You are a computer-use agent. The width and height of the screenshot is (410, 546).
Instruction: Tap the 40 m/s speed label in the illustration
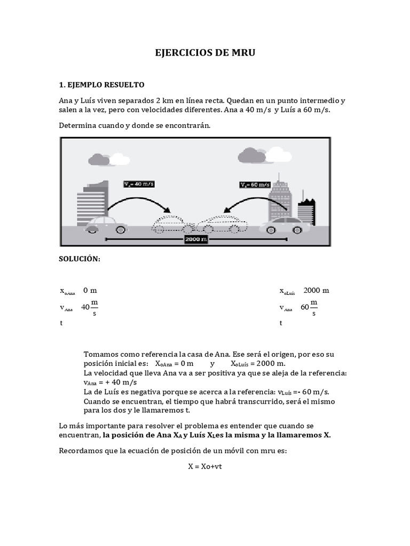[x=139, y=184]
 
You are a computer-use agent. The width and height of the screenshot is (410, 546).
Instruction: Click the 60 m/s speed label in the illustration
[x=255, y=184]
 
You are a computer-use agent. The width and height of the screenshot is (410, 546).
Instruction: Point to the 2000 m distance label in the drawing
[x=196, y=239]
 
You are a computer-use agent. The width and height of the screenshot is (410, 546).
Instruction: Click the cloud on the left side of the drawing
[x=98, y=159]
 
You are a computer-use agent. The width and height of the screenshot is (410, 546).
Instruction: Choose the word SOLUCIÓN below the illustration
[x=79, y=259]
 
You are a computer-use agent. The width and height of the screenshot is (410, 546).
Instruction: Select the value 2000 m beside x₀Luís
[x=316, y=291]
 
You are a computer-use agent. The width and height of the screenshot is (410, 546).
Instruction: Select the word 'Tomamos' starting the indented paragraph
[x=102, y=355]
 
